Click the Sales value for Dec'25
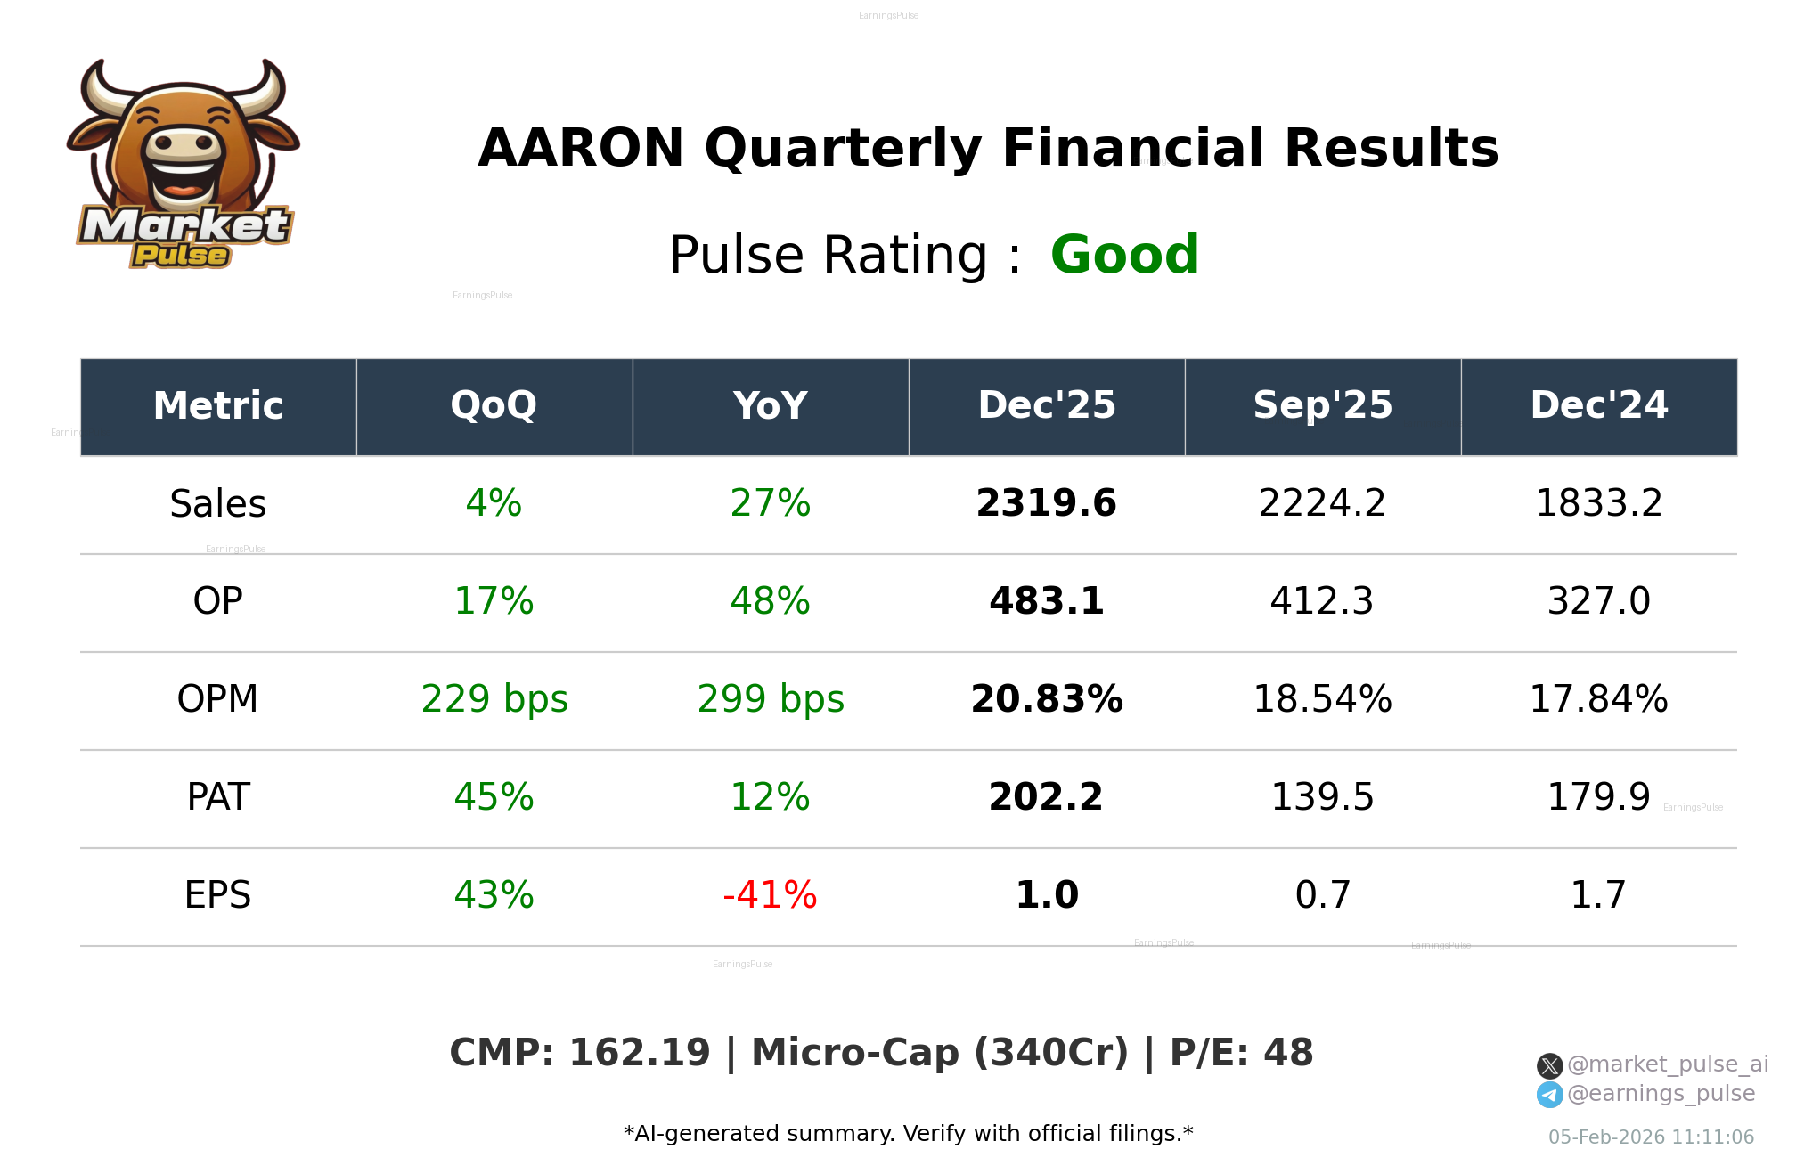coord(1046,503)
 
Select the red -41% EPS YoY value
coord(770,895)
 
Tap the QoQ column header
coord(494,406)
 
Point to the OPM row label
coord(217,699)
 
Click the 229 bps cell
coord(494,699)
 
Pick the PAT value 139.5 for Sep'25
coord(1322,797)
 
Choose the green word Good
coord(1124,255)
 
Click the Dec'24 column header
coord(1598,406)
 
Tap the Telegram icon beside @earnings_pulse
coord(1549,1095)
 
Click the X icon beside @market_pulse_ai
coord(1549,1065)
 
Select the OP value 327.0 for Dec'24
coord(1598,601)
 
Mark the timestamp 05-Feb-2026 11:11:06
coord(1651,1137)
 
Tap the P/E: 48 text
coord(1241,1053)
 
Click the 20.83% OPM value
coord(1046,699)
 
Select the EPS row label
coord(217,895)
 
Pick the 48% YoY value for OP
coord(770,601)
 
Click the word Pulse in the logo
coord(181,256)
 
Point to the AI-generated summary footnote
coord(908,1134)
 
